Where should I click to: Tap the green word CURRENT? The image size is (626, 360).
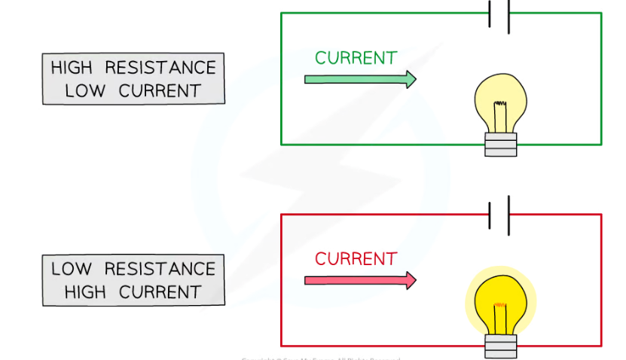(x=356, y=58)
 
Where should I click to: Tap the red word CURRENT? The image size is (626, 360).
(x=356, y=259)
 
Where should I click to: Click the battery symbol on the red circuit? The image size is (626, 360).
(x=499, y=215)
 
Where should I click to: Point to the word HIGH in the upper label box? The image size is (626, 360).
(x=72, y=68)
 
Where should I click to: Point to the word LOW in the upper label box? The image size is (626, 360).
(x=82, y=91)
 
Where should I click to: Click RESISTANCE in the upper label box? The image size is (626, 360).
(x=160, y=68)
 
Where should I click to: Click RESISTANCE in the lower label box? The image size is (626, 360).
(x=160, y=269)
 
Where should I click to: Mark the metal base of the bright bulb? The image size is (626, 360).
(x=501, y=345)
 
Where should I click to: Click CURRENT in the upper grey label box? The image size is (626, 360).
(x=154, y=91)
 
